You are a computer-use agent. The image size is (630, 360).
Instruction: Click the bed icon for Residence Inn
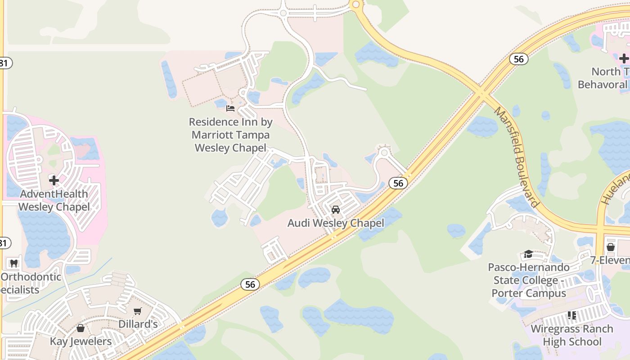coord(230,108)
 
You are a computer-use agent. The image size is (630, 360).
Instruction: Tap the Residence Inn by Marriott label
coord(230,135)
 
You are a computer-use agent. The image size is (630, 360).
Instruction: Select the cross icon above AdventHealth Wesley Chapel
coord(54,180)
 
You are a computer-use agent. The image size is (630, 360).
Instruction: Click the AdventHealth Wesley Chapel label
coord(54,200)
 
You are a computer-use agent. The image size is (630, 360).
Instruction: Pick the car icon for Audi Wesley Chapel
coord(335,209)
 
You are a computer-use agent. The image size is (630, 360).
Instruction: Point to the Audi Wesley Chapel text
coord(336,223)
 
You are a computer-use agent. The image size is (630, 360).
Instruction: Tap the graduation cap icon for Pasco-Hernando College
coord(528,254)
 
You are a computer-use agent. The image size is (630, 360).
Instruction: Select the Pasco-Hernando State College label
coord(529,280)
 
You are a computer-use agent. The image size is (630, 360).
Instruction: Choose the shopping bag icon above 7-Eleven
coord(611,247)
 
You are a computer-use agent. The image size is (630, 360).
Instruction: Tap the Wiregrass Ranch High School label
coord(571,335)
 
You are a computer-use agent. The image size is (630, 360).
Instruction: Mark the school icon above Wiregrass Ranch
coord(571,315)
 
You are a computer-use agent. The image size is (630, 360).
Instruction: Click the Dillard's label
coord(138,324)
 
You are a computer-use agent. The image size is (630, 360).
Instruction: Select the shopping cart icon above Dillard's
coord(138,311)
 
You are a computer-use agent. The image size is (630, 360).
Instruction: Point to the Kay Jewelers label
coord(81,341)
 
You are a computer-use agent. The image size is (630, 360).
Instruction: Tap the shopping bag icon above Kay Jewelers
coord(81,328)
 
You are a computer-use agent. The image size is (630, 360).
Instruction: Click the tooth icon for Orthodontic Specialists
coord(14,263)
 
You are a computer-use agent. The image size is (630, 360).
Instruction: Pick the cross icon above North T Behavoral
coord(624,58)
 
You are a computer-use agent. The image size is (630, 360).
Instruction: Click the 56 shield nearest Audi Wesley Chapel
coord(398,183)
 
